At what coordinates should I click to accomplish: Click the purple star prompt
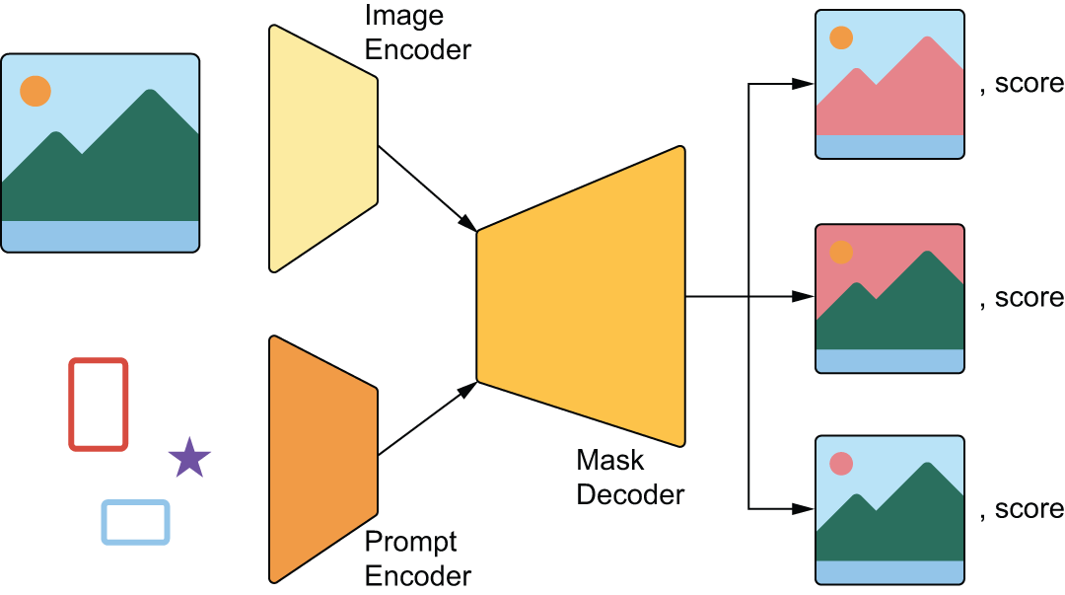[189, 459]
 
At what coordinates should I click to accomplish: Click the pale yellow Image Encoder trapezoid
[322, 148]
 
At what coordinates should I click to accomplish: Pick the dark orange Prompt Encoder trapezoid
[322, 459]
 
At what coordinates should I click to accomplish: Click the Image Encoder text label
[417, 32]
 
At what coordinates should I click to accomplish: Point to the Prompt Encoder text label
[417, 558]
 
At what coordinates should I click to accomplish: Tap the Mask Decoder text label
[630, 477]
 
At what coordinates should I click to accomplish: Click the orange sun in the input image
[35, 92]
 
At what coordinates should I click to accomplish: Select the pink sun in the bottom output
[841, 463]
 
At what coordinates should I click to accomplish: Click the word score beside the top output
[1029, 84]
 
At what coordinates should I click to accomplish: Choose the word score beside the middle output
[1029, 297]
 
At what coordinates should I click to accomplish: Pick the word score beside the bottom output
[1029, 509]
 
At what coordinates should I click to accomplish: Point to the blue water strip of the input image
[100, 236]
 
